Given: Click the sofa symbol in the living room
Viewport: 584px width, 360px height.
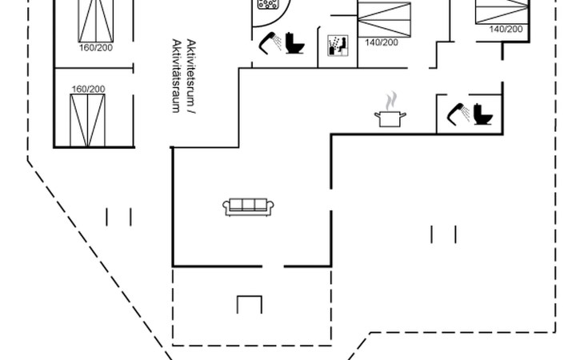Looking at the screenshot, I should point(248,206).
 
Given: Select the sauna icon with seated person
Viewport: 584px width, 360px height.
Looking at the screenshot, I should point(336,45).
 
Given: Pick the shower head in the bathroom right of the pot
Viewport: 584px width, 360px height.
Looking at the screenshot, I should point(458,113).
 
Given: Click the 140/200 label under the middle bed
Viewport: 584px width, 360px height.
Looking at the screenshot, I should point(381,42).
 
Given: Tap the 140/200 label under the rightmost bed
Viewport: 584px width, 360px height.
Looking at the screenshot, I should point(505,29).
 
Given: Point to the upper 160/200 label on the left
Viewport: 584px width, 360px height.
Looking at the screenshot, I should point(96,48).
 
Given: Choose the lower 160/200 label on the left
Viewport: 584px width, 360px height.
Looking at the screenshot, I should point(87,89).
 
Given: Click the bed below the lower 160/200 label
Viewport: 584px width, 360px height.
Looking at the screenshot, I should point(87,120).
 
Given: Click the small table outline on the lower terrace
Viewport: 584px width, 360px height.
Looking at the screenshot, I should point(250,305).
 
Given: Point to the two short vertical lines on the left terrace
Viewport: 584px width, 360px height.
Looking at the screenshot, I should point(118,217).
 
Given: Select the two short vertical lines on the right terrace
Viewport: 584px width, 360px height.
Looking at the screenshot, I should point(443,234).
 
